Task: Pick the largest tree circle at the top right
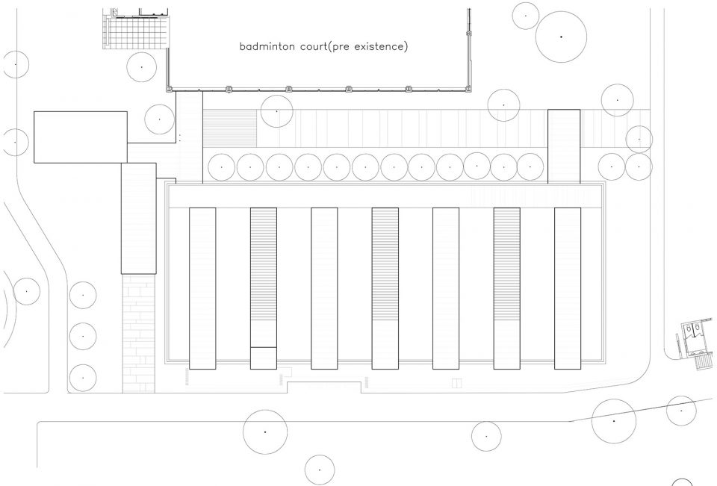tap(561, 37)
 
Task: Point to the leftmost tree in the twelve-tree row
tap(222, 167)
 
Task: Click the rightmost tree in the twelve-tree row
tap(530, 167)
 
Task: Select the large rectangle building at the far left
tap(81, 137)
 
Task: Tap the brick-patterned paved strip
tap(139, 333)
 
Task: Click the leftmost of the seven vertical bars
tap(202, 288)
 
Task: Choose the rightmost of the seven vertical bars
tap(568, 288)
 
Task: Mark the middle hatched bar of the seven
tap(385, 288)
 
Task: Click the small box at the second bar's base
tap(264, 358)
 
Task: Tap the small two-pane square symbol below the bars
tap(456, 383)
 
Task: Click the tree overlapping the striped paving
tap(276, 111)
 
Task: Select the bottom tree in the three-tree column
tap(83, 378)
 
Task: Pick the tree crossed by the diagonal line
tap(614, 421)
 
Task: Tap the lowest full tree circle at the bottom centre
tap(319, 470)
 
